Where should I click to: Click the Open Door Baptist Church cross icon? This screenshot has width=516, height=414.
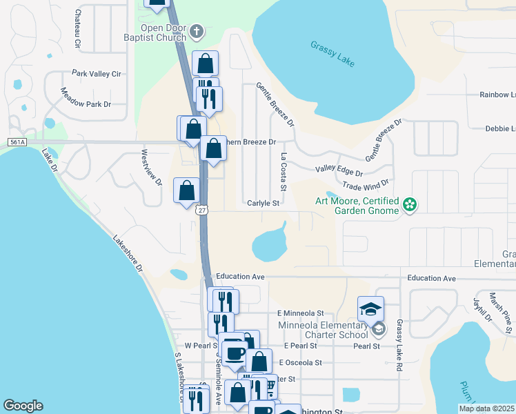point(196,32)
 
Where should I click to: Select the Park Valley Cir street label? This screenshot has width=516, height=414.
point(97,73)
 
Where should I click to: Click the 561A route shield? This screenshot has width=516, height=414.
point(17,141)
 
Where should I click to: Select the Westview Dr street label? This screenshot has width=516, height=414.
point(150,168)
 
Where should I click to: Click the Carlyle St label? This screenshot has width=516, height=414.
point(263,204)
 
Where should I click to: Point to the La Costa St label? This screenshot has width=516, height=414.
point(283,172)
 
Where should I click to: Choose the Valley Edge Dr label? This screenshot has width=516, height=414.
point(339,169)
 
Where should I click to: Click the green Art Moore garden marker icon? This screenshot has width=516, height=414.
point(410,204)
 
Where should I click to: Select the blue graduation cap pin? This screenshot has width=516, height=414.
point(370,307)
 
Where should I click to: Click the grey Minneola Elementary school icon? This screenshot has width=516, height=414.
point(378,331)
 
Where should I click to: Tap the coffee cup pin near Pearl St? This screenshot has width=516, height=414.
point(235,353)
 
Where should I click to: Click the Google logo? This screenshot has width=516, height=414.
point(23,406)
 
